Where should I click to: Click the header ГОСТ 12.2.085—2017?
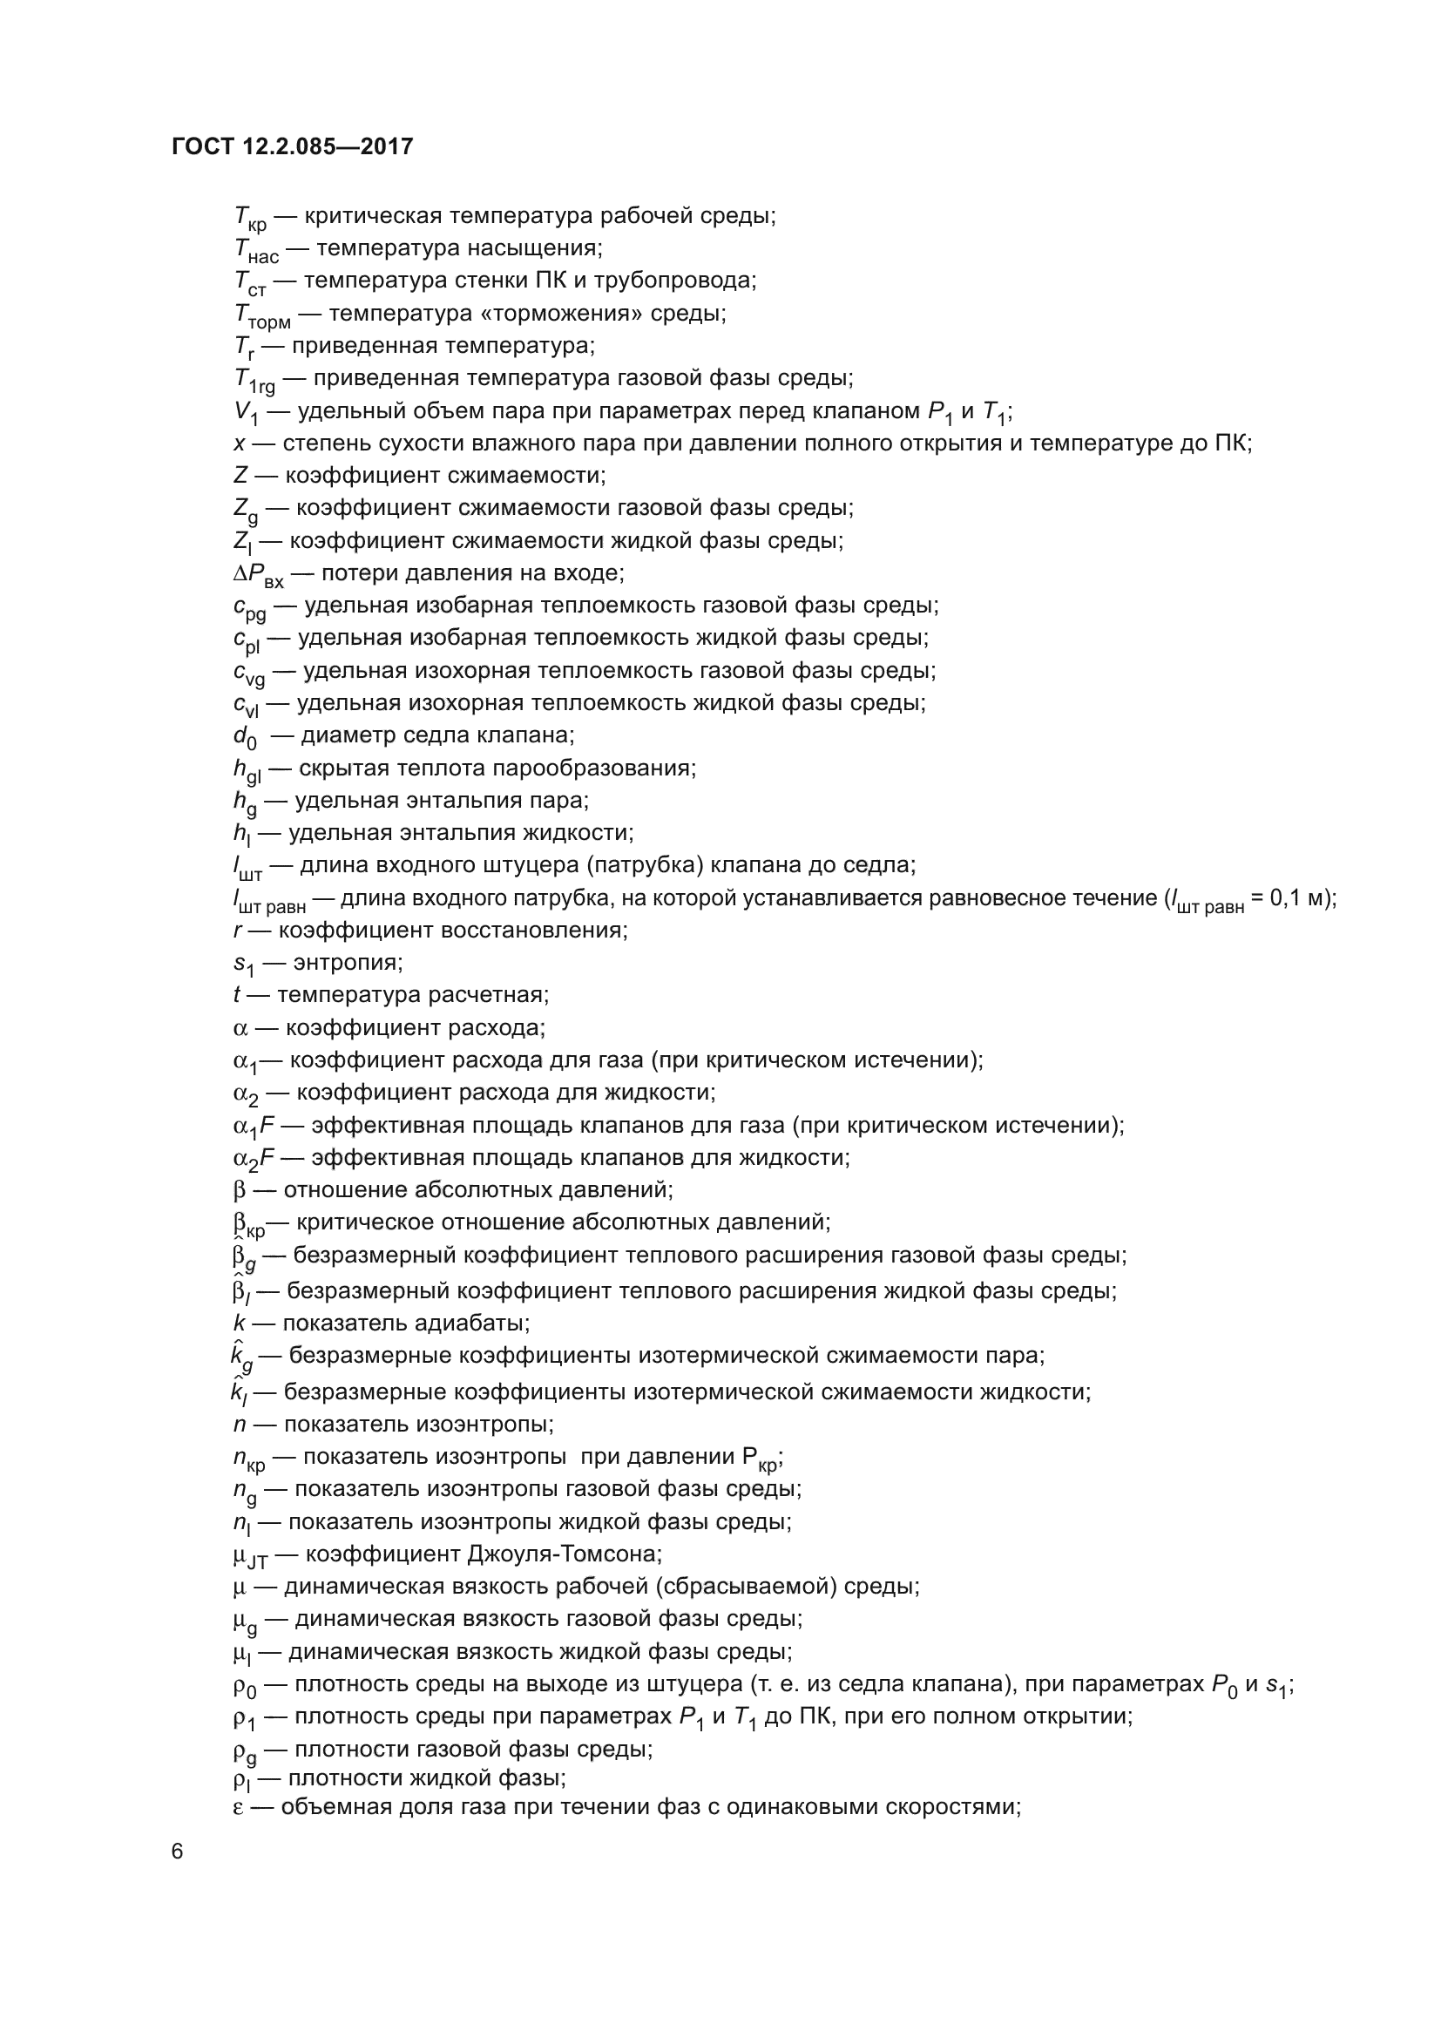[x=292, y=146]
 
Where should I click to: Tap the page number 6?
[x=178, y=1851]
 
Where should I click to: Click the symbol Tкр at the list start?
[x=249, y=218]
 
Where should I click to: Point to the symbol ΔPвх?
[x=258, y=574]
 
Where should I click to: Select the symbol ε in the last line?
[x=239, y=1806]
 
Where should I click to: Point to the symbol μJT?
[x=249, y=1556]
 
